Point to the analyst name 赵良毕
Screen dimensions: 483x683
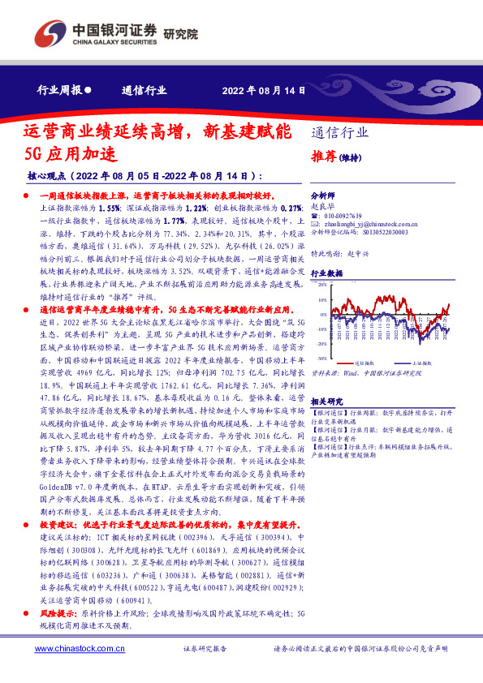point(323,206)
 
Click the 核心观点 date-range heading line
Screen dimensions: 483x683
point(146,175)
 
